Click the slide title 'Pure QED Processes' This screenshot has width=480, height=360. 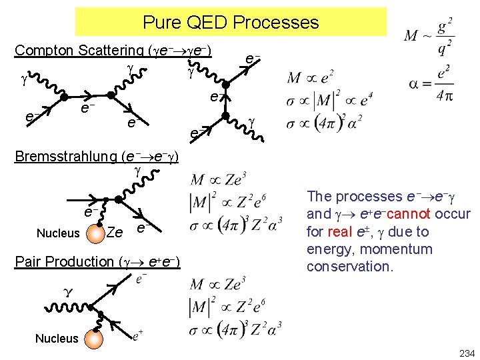click(x=231, y=23)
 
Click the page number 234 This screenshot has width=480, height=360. click(x=466, y=352)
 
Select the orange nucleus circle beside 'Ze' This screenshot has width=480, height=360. click(x=96, y=233)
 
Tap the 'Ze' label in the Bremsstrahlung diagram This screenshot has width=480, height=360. click(x=115, y=233)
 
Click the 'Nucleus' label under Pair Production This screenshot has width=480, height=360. click(x=57, y=339)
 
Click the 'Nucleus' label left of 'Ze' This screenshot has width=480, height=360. click(x=57, y=234)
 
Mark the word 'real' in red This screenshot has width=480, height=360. click(x=339, y=232)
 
